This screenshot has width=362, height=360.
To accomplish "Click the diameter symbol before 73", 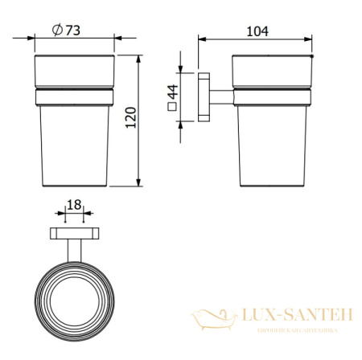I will click(59, 30).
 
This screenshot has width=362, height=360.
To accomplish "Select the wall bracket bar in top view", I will click(74, 234).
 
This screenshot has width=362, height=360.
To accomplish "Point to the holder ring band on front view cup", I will click(74, 98).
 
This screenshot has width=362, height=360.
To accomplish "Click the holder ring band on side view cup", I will click(271, 98).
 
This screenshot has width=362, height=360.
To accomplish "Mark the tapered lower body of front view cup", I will click(74, 149).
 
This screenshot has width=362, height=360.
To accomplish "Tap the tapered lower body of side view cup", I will click(271, 149).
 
